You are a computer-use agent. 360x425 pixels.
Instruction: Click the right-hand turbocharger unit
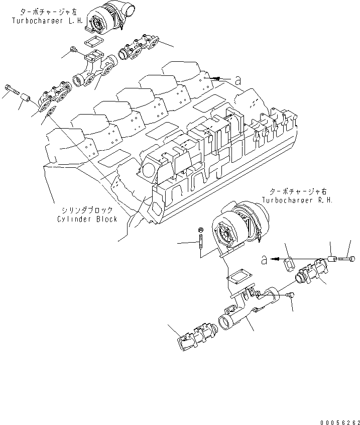[x=241, y=228]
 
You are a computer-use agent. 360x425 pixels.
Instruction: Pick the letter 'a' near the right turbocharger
[x=264, y=259]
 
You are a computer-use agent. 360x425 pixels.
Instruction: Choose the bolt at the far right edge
[x=346, y=259]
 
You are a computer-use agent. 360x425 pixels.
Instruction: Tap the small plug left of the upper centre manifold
[x=73, y=49]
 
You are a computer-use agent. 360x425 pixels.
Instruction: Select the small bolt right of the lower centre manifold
[x=289, y=296]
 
